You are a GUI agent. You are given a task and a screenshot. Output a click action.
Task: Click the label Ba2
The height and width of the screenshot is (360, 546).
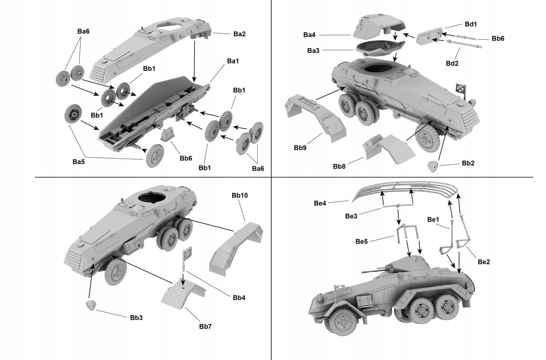coord(239,34)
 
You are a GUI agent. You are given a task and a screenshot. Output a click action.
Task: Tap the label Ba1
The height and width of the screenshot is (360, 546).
coord(232,61)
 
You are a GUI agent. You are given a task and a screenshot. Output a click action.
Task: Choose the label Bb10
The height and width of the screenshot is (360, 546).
coord(240,195)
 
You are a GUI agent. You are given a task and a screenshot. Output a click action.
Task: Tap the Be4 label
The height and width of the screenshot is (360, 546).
coord(320,203)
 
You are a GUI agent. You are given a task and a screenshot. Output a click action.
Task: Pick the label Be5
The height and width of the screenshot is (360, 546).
coord(362,241)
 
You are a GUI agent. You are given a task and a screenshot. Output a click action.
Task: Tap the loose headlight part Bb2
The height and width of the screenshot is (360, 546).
coord(433,166)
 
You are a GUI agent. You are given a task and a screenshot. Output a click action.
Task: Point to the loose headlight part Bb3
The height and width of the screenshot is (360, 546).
coord(92,305)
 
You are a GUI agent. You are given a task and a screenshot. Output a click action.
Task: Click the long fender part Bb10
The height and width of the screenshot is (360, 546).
coord(234,248)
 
